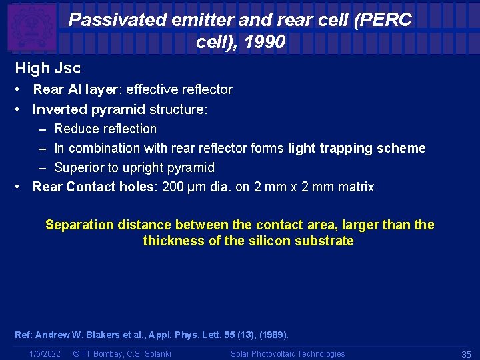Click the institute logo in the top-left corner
(x=31, y=27)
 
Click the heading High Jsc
(x=48, y=68)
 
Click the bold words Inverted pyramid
(x=89, y=109)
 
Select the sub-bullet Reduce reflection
(x=105, y=129)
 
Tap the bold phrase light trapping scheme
(x=357, y=148)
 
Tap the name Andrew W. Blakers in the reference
(x=76, y=335)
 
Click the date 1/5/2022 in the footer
(x=45, y=354)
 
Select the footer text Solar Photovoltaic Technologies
(x=287, y=354)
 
